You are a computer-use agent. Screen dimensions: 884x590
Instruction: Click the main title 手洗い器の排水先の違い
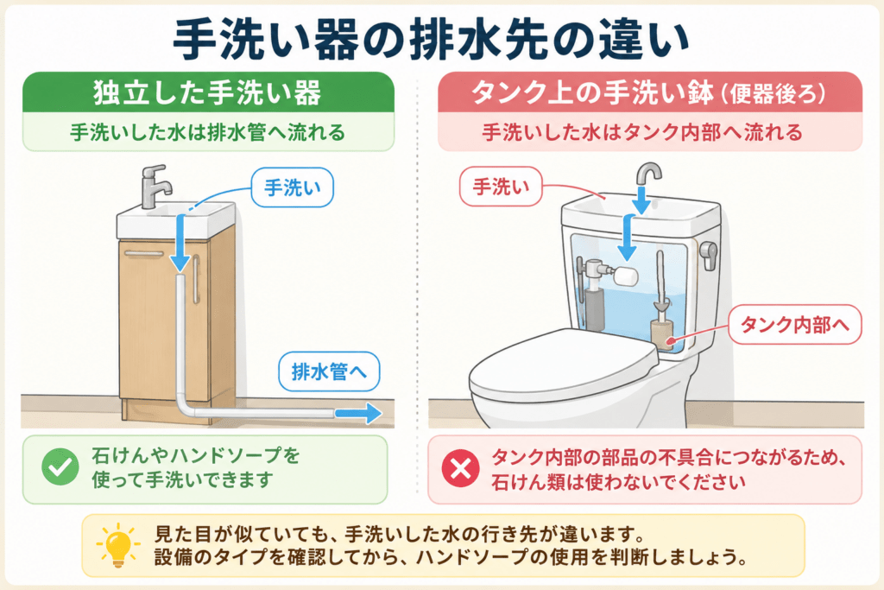tap(432, 39)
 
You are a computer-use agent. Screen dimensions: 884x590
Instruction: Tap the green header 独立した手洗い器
tap(207, 92)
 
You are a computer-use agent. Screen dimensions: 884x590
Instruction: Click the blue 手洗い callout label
tap(292, 187)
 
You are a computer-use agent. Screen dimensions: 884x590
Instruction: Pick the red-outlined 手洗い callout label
tap(501, 186)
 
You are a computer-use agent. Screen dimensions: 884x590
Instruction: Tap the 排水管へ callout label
tap(329, 371)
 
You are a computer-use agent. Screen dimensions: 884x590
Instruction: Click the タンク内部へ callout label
tap(795, 324)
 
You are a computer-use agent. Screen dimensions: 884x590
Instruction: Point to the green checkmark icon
tap(60, 467)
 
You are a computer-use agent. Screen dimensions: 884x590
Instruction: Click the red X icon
tap(461, 468)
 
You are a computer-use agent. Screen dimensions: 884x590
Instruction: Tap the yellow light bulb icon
tap(117, 544)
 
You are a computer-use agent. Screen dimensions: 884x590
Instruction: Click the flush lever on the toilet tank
tap(708, 255)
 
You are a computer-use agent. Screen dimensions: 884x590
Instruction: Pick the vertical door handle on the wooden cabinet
tap(196, 279)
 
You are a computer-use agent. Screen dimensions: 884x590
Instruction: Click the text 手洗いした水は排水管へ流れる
tap(207, 132)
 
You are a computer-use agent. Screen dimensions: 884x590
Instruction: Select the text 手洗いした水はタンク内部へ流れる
tap(642, 132)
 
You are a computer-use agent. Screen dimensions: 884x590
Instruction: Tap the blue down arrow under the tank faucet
tap(641, 200)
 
